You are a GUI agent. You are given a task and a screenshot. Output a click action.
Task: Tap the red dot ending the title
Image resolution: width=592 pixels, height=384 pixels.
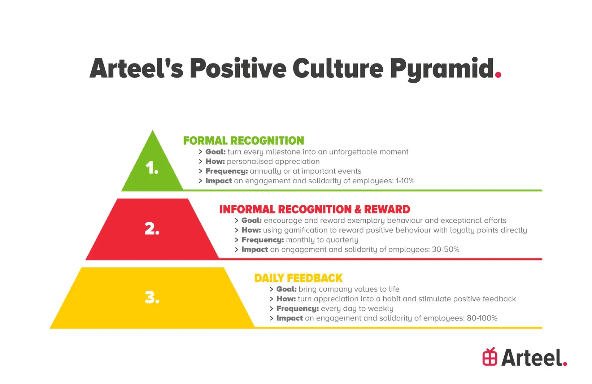coord(498,75)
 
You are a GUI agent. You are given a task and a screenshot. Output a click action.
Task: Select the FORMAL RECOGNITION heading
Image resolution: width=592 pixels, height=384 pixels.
coord(243,141)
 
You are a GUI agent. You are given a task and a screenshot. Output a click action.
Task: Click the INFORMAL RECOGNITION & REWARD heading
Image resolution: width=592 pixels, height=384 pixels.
coord(314,209)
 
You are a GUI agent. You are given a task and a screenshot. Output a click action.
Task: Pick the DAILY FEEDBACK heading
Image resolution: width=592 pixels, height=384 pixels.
coord(299,278)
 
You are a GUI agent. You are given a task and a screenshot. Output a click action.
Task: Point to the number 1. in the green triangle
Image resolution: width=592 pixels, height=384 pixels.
coord(152,168)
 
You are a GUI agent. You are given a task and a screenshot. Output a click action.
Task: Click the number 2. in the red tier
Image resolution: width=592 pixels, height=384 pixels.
coord(152,228)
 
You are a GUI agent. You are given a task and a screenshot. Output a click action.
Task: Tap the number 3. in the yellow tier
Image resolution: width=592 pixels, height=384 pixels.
coord(152,297)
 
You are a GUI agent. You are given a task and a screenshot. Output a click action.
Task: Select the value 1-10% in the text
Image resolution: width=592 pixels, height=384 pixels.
coord(405,181)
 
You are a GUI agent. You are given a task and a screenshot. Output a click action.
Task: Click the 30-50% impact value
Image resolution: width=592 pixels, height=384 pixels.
coord(445,249)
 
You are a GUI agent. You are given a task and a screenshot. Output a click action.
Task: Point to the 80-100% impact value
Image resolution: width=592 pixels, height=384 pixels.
coord(482,318)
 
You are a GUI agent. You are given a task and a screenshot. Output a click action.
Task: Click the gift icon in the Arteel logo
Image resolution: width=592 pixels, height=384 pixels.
coord(490,357)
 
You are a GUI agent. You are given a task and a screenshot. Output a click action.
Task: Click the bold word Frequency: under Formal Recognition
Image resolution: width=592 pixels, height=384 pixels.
coord(226,171)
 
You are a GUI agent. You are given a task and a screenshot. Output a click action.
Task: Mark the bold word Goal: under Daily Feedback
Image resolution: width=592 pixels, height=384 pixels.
coord(287,289)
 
